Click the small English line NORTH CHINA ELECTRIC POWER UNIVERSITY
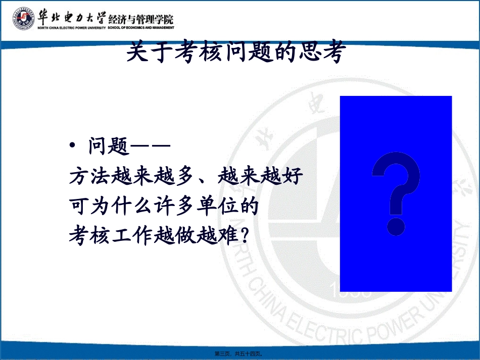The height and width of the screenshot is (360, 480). click(x=71, y=28)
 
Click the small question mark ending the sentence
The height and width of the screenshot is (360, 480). click(x=246, y=235)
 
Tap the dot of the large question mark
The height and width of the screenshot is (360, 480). click(x=397, y=226)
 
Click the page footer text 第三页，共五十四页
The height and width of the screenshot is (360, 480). click(x=239, y=354)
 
